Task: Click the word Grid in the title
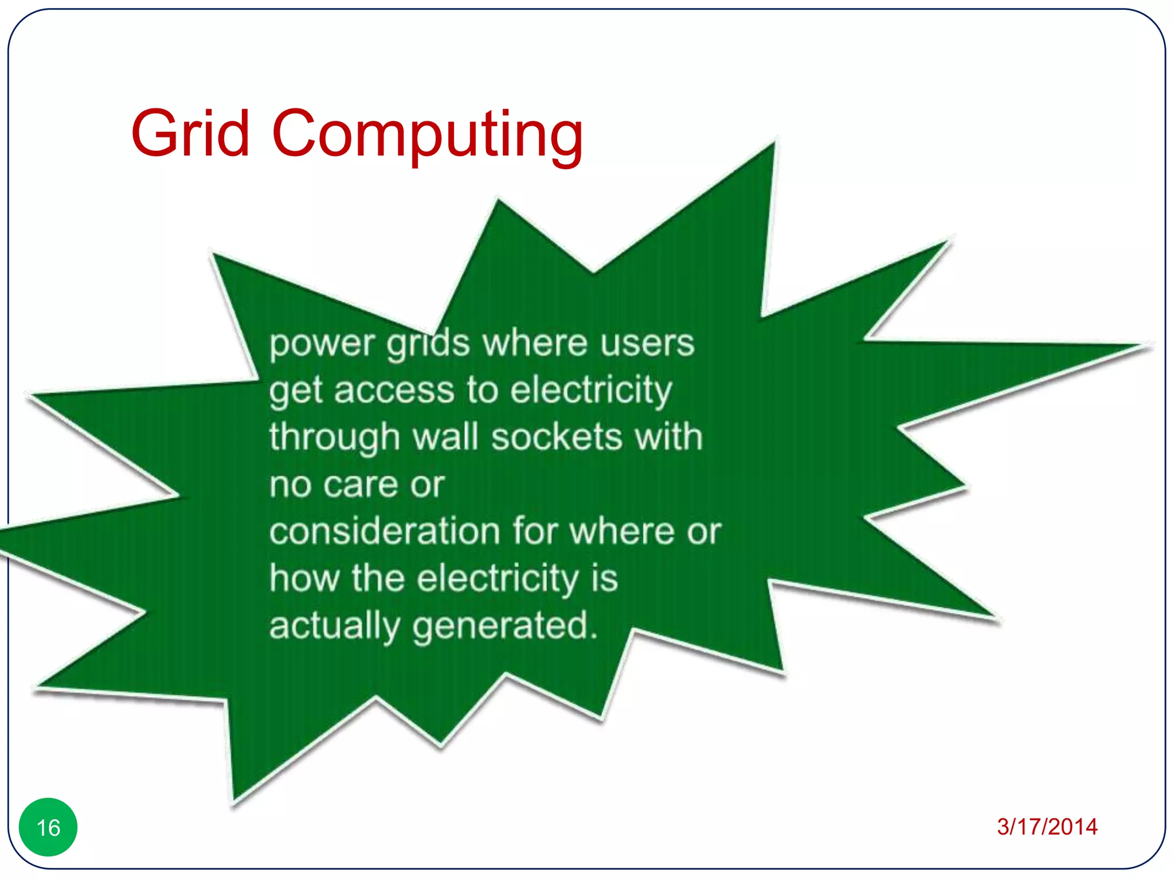pyautogui.click(x=190, y=134)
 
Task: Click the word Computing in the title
pyautogui.click(x=427, y=135)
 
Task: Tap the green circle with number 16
pyautogui.click(x=48, y=827)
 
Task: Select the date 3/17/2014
pyautogui.click(x=1047, y=827)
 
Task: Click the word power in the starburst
pyautogui.click(x=322, y=344)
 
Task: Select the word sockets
pyautogui.click(x=557, y=437)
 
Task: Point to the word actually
pyautogui.click(x=334, y=626)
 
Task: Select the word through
pyautogui.click(x=334, y=438)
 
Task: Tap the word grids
pyautogui.click(x=428, y=344)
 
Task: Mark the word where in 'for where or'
pyautogui.click(x=621, y=531)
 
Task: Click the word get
pyautogui.click(x=296, y=392)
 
